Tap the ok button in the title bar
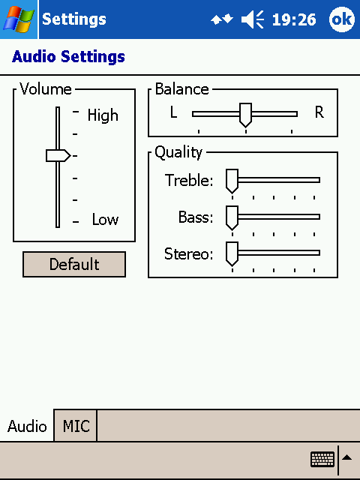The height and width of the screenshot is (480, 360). [342, 19]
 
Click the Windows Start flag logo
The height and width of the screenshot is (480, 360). [18, 19]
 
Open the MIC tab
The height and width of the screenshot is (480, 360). [76, 426]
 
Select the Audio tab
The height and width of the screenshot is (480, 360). [27, 426]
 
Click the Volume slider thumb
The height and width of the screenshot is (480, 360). [58, 155]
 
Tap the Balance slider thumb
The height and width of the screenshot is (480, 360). [245, 115]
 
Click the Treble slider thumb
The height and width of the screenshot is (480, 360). [232, 181]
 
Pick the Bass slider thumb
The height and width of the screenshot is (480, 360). [232, 218]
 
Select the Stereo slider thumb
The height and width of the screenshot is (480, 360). [232, 254]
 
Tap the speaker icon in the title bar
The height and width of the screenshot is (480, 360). [253, 19]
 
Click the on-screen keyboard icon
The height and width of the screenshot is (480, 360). [322, 459]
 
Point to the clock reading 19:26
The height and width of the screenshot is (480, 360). [294, 20]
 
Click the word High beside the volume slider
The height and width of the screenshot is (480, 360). [103, 115]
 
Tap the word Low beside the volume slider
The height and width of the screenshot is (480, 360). [105, 220]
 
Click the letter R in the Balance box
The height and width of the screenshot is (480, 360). [319, 112]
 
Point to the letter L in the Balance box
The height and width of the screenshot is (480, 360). [173, 112]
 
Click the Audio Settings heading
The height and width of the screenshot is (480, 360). [68, 57]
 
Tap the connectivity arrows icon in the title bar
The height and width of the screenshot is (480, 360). [222, 19]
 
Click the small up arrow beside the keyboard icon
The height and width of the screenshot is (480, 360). [346, 457]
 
